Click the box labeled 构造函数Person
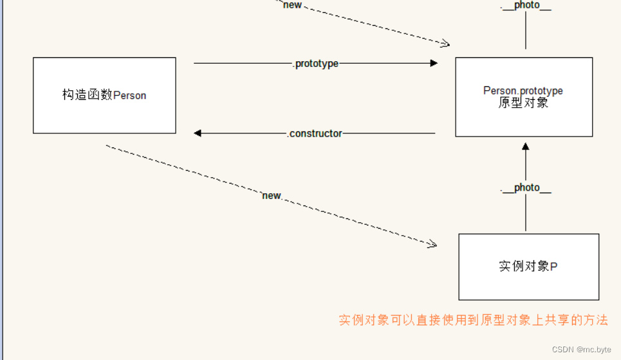click(x=104, y=95)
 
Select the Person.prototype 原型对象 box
click(x=524, y=97)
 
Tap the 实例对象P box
click(x=528, y=267)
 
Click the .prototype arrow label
click(x=315, y=64)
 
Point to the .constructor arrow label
click(x=315, y=133)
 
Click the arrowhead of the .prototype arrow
click(x=434, y=63)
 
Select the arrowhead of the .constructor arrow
click(x=198, y=133)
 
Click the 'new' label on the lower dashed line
click(x=272, y=195)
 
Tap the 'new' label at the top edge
click(x=292, y=5)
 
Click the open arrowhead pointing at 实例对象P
click(x=433, y=244)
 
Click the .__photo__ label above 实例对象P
click(x=526, y=187)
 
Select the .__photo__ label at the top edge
click(x=526, y=5)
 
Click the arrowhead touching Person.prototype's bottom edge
click(x=526, y=146)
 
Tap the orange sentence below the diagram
click(x=473, y=320)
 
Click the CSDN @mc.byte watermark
click(x=582, y=349)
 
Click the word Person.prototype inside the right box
click(x=523, y=91)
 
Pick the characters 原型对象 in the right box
click(x=523, y=103)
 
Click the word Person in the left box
click(x=130, y=95)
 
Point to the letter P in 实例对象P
click(x=554, y=267)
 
